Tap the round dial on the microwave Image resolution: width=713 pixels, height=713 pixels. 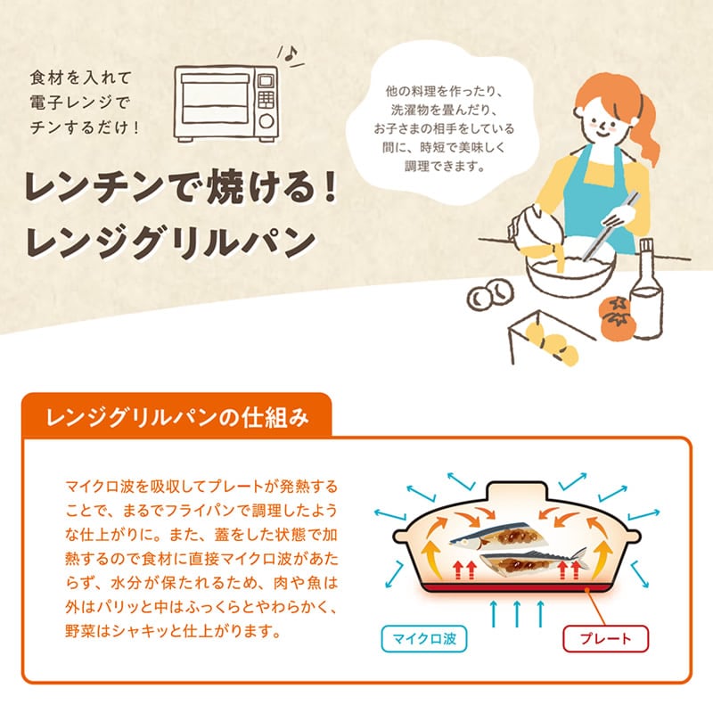tap(266, 121)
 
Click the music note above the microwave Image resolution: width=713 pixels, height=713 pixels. tap(290, 54)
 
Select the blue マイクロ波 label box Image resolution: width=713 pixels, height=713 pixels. tap(424, 639)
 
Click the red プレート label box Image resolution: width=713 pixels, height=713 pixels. tap(606, 639)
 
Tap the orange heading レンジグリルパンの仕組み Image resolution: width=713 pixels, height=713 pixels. tap(177, 417)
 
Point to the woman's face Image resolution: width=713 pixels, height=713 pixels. tap(599, 119)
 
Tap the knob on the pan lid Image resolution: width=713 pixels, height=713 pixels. tap(516, 490)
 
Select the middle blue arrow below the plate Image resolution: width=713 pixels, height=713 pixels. tap(517, 614)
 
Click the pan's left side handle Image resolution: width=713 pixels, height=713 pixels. tap(402, 537)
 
